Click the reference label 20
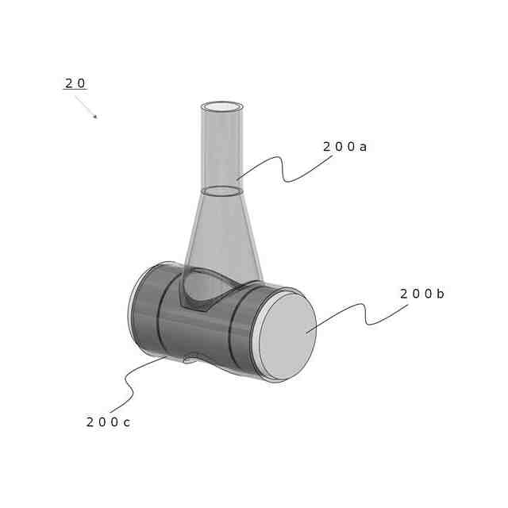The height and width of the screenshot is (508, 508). pyautogui.click(x=75, y=83)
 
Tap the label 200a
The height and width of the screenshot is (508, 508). pyautogui.click(x=344, y=147)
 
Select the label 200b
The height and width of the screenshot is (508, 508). pyautogui.click(x=421, y=294)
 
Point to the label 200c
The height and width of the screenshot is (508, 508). pyautogui.click(x=108, y=422)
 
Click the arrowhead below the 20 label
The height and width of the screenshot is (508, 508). pyautogui.click(x=95, y=117)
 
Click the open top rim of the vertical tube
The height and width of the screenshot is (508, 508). pyautogui.click(x=222, y=106)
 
